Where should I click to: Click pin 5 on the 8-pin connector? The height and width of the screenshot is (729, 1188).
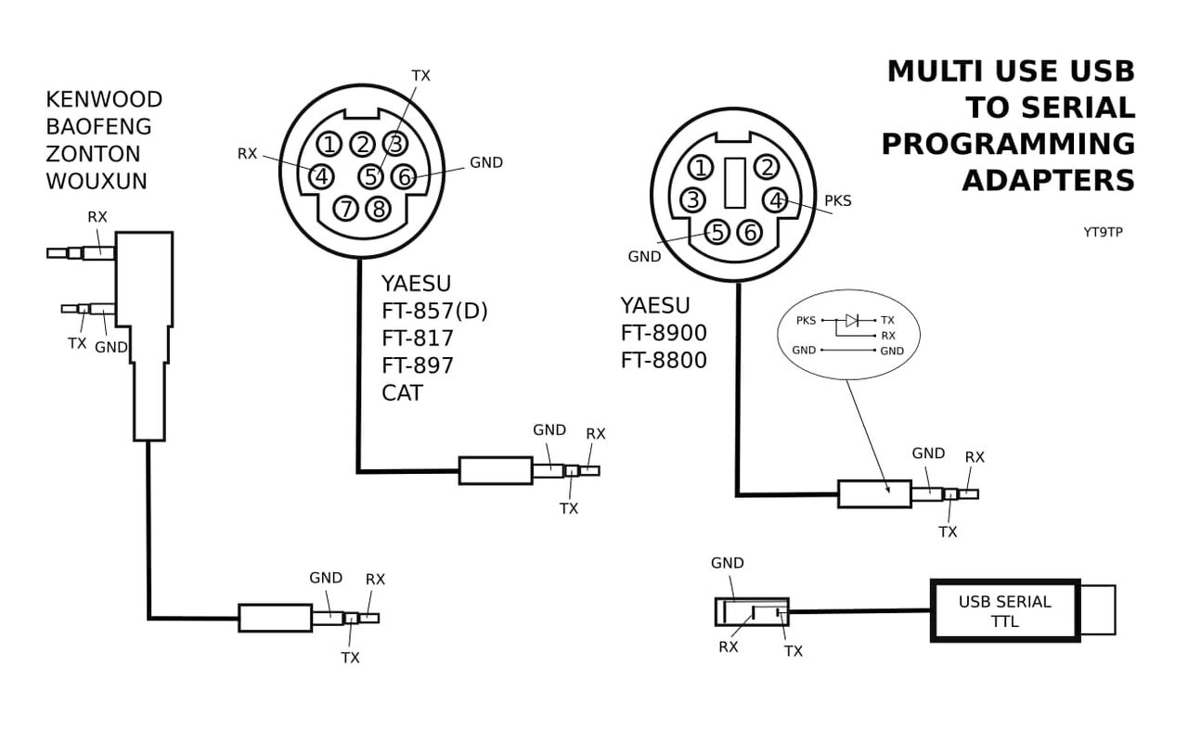[x=370, y=175]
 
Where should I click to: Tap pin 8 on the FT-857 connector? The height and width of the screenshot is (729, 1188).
[x=378, y=209]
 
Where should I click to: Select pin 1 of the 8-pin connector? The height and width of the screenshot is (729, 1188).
[x=329, y=144]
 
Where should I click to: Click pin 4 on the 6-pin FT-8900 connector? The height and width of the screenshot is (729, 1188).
[x=775, y=199]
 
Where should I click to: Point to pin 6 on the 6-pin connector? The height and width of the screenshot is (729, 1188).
[x=750, y=232]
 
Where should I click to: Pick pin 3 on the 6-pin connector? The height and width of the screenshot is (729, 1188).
[x=693, y=199]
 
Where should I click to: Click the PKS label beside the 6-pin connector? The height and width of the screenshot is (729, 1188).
[x=837, y=200]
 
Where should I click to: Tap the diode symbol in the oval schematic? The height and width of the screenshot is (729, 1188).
[x=852, y=320]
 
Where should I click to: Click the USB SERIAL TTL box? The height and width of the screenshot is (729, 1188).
[x=1005, y=611]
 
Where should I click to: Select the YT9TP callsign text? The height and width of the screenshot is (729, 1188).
[x=1103, y=232]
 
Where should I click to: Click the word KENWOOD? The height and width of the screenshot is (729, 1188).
[x=104, y=99]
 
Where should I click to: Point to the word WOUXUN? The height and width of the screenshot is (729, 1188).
[x=97, y=182]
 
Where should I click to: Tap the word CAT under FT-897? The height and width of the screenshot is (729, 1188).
[x=402, y=393]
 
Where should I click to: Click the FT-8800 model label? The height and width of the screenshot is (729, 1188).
[x=664, y=361]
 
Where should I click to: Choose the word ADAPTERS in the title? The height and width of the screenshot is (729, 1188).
[x=1048, y=180]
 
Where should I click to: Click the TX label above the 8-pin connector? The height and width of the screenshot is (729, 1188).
[x=420, y=76]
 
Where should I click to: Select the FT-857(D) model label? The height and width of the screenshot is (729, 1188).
[x=434, y=312]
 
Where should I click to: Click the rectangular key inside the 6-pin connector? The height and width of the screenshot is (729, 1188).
[x=734, y=183]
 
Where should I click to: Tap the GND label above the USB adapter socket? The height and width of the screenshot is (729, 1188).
[x=727, y=563]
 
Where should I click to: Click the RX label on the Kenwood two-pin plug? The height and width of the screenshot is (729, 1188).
[x=97, y=217]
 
